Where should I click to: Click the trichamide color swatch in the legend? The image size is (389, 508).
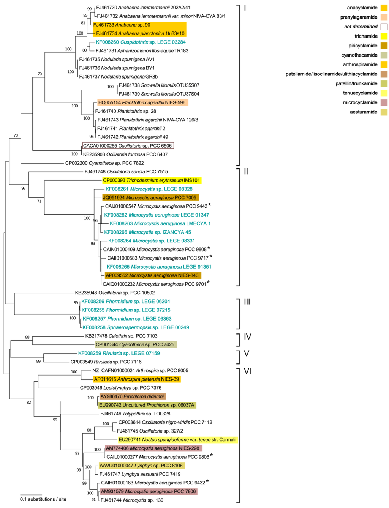tap(384, 36)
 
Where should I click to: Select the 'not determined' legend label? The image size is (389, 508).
tap(361, 27)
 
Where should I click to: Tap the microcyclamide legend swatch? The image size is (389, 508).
tap(384, 103)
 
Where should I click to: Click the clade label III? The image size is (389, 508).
tap(247, 302)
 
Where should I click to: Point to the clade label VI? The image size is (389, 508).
tap(247, 371)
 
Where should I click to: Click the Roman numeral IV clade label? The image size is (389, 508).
tap(247, 337)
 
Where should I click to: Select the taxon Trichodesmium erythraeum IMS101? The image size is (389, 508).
tap(152, 181)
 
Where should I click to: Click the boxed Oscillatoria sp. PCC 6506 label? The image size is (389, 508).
tap(128, 146)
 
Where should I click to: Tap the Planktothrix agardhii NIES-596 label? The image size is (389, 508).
tap(142, 103)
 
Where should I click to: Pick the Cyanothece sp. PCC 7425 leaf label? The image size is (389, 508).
tap(135, 345)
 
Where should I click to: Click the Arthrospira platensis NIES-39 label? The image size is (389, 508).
tap(137, 379)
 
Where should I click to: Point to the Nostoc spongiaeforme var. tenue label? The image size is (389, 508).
tap(177, 440)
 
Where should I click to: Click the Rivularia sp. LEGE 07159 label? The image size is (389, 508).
tap(119, 353)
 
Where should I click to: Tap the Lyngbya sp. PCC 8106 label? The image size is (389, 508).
tap(141, 466)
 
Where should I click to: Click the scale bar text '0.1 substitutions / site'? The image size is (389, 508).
tap(43, 499)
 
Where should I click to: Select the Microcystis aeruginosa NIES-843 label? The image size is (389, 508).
tap(152, 275)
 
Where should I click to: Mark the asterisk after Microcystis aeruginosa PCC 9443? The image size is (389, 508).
tap(209, 206)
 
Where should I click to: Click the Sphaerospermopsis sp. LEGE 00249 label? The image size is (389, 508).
tap(136, 327)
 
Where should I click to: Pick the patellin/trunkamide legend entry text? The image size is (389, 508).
tap(356, 84)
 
